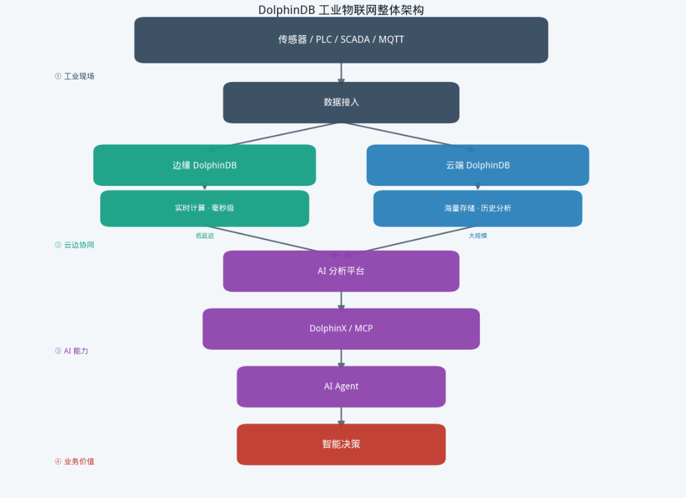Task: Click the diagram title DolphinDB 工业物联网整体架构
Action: coord(341,10)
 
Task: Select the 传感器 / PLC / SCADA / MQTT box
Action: coord(341,40)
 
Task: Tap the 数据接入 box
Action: coord(341,103)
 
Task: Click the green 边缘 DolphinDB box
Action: coord(204,165)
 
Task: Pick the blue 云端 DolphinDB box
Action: coord(478,165)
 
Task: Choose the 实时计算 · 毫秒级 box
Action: coord(204,208)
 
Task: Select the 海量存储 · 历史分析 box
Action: coord(478,208)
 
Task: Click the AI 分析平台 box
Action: coord(341,271)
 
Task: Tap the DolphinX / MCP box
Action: coord(341,329)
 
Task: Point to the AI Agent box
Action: coord(341,386)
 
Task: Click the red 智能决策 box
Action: coord(341,444)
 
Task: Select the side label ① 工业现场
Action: coord(75,76)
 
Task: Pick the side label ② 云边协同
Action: coord(75,245)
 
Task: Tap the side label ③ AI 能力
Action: coord(71,351)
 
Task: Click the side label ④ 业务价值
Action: coord(75,461)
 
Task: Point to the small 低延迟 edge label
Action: coord(205,235)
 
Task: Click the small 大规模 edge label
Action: coord(478,235)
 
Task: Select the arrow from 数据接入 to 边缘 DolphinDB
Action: coord(274,137)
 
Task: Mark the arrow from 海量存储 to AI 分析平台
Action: coord(410,241)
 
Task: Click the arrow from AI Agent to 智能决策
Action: coord(341,415)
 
